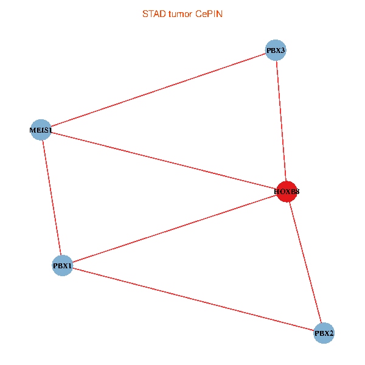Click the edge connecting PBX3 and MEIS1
tap(158, 89)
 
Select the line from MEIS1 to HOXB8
tap(164, 161)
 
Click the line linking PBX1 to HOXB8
tap(175, 228)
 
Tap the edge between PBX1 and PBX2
tap(193, 299)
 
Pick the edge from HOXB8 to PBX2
tap(305, 262)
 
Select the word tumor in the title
tap(181, 14)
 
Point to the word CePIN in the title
tap(209, 14)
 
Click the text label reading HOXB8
tap(287, 192)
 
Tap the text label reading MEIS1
tap(41, 130)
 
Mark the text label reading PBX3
tap(276, 50)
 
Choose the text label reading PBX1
tap(63, 266)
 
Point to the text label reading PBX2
tap(324, 333)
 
